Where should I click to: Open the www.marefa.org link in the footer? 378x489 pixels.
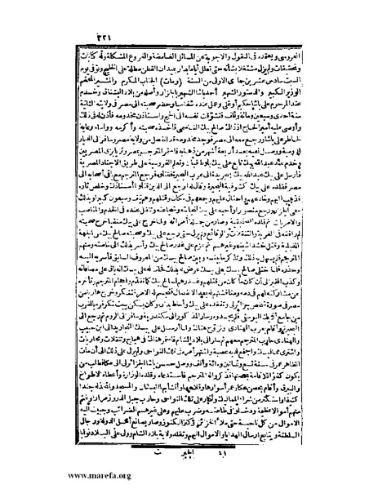tap(45, 478)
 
